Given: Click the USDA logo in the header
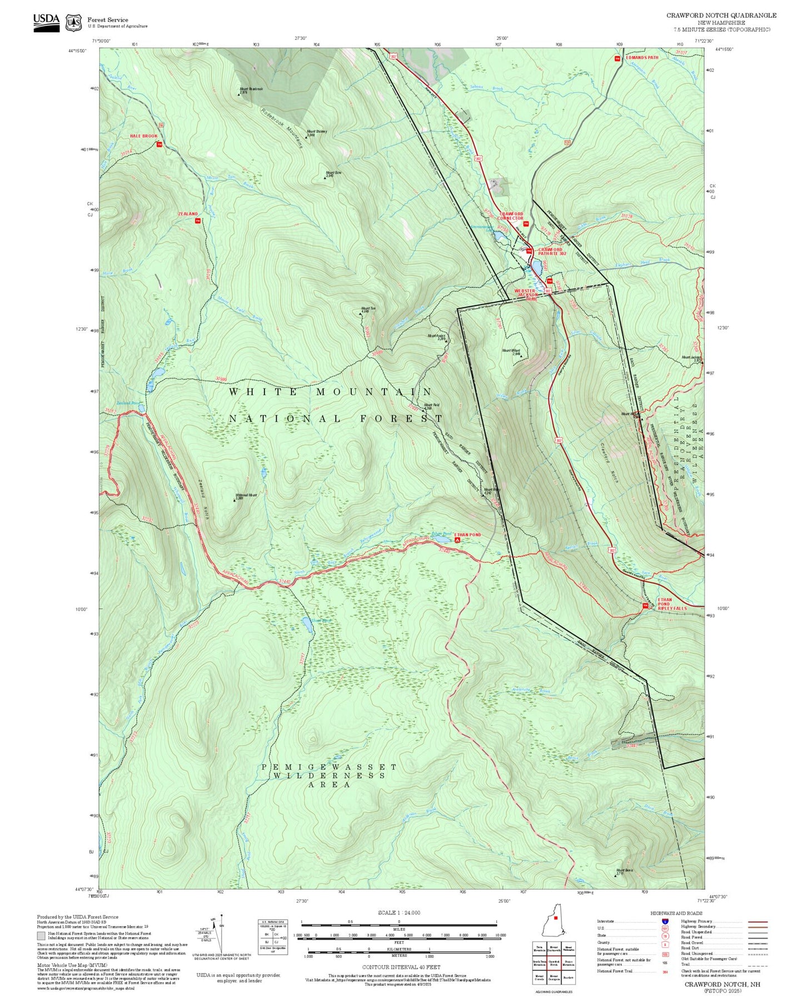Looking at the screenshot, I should pos(46,22).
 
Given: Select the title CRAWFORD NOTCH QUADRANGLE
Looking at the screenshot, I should pos(721,16).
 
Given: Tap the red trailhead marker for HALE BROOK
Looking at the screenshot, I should pos(159,144).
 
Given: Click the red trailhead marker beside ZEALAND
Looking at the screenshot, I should pos(197,221).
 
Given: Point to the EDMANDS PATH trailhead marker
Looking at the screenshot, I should pos(617,58).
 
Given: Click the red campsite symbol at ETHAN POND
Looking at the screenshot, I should pos(457,539).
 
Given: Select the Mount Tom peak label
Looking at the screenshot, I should pos(368,310).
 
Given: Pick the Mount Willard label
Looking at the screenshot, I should pos(511,351).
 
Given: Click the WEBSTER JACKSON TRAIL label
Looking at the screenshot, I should pos(525,294).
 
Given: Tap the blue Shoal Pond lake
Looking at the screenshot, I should pos(306,625).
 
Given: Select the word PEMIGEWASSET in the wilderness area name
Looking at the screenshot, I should pos(329,767).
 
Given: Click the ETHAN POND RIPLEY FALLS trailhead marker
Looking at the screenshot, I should pos(645,606).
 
